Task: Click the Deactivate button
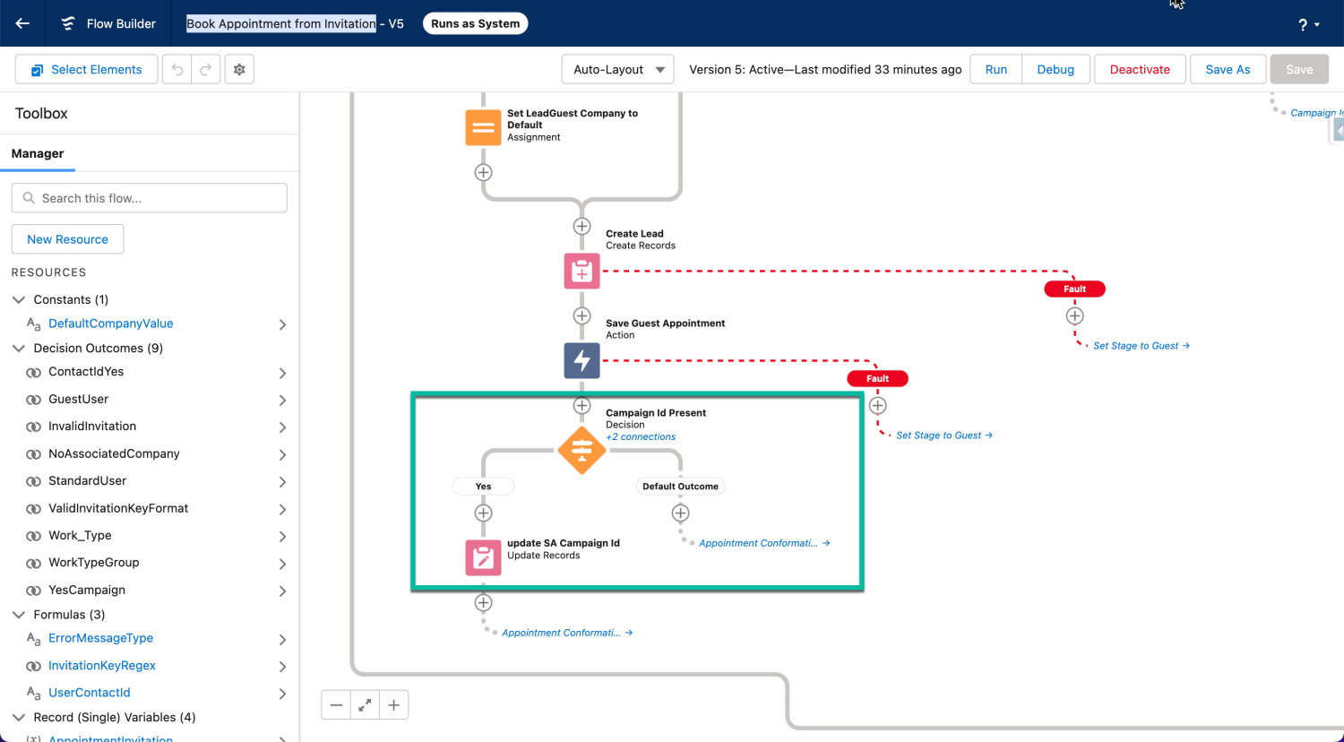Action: [1140, 70]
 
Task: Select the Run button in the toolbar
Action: [995, 70]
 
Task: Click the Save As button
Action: [1228, 70]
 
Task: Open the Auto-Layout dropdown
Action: [618, 70]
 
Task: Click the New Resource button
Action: [67, 239]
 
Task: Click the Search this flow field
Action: [149, 198]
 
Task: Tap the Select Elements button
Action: [86, 70]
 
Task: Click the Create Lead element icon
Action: [582, 271]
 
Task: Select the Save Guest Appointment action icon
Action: [582, 360]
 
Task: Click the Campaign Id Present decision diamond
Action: [582, 450]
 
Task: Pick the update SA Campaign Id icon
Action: [483, 557]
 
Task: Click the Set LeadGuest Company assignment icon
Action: [483, 127]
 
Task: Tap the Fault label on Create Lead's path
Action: [1074, 289]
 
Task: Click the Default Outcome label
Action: [680, 487]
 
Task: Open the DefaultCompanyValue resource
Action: [110, 324]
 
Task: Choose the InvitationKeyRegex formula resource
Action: [101, 666]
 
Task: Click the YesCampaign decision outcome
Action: [87, 590]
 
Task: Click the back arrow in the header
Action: [22, 23]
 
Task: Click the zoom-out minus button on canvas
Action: [336, 705]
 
